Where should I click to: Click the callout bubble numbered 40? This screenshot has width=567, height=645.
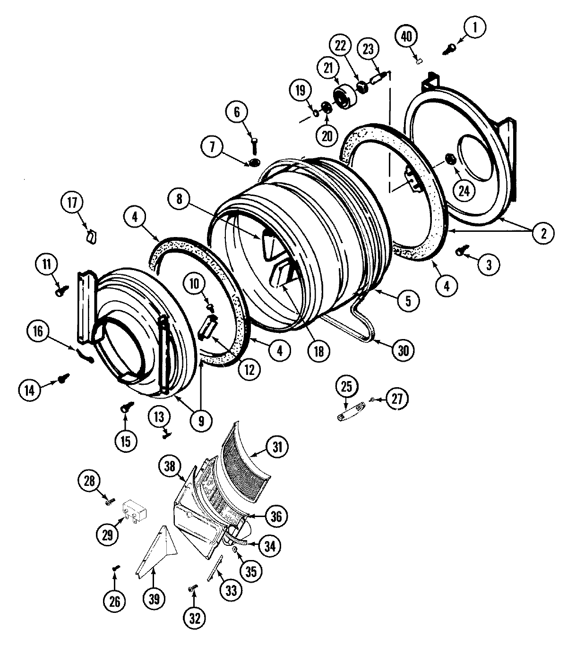tap(406, 37)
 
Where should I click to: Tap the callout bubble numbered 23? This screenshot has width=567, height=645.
tap(369, 49)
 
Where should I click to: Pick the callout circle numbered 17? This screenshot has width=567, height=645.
tap(71, 203)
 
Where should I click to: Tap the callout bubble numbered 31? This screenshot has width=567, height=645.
tap(279, 446)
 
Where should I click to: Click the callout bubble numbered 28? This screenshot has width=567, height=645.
tap(89, 482)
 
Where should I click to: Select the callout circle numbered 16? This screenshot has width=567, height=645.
tap(38, 331)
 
